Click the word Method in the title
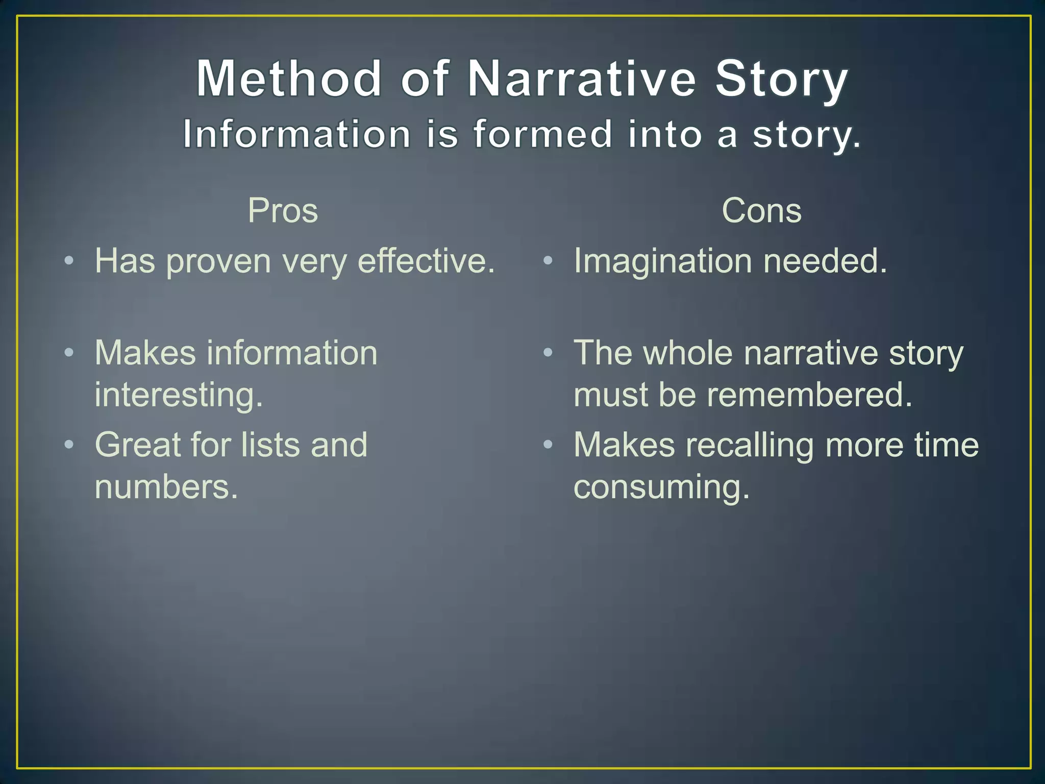[289, 79]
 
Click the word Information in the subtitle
[296, 134]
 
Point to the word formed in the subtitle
[542, 134]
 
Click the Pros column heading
[283, 210]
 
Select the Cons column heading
[761, 210]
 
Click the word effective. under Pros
[426, 261]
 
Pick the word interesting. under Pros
[179, 396]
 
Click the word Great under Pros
[137, 445]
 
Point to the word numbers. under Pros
[166, 487]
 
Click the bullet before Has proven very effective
[69, 262]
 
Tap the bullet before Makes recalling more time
[548, 445]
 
